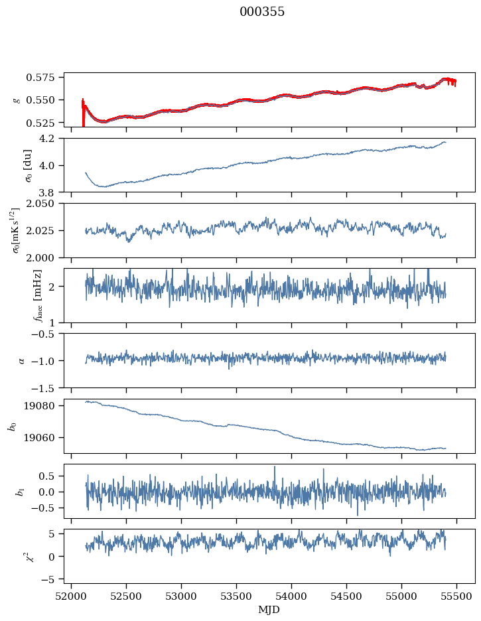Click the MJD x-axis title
coord(269,609)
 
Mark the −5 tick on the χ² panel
coord(52,579)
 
